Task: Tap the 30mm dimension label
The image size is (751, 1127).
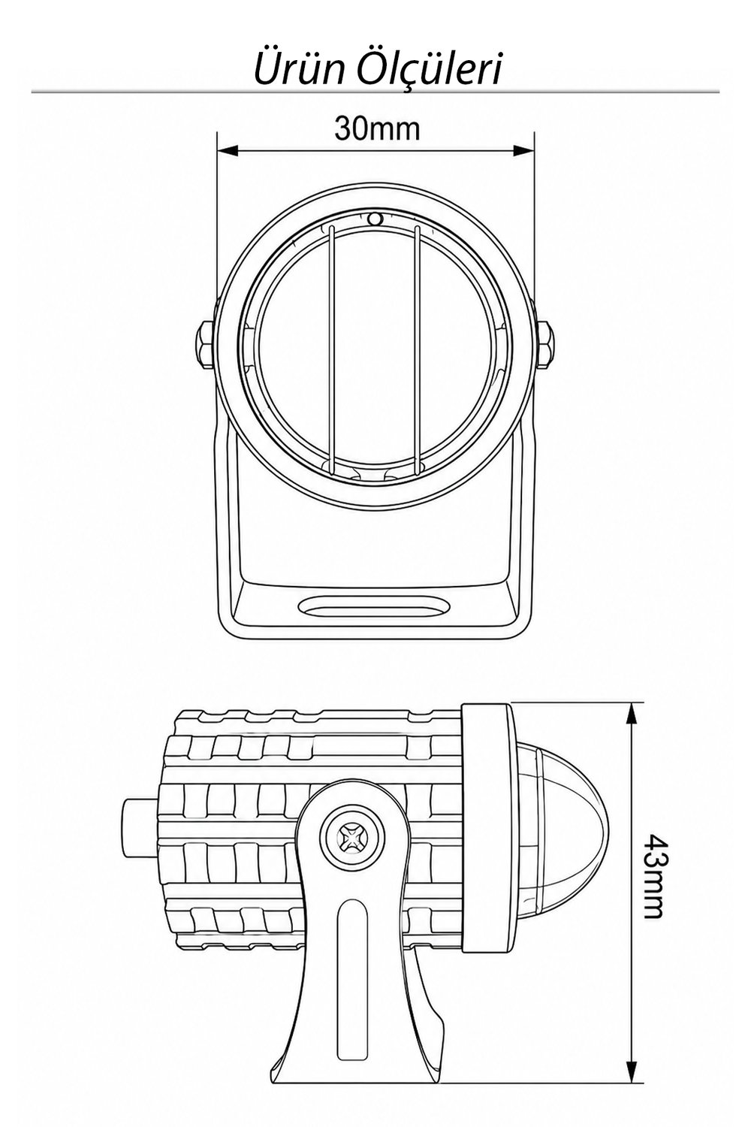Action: [377, 128]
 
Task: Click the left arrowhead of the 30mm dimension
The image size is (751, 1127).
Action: [226, 150]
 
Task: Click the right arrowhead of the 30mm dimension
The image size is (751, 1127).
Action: [523, 150]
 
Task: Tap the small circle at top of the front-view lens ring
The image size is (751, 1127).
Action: [375, 219]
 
